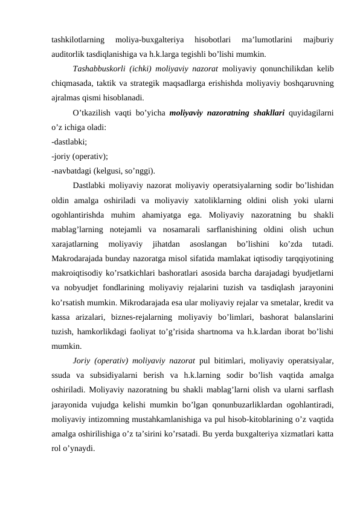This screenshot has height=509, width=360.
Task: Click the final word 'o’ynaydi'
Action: (x=80, y=449)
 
